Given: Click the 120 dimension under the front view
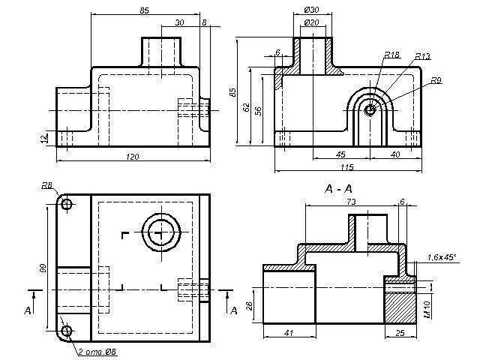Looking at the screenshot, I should coord(132,156).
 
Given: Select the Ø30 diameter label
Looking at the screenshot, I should coord(312,10).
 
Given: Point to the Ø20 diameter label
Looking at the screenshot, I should coord(312,23).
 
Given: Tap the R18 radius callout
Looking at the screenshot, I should coord(391,55).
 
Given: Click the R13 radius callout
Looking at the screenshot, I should coord(421,57).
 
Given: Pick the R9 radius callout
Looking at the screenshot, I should coord(436,80).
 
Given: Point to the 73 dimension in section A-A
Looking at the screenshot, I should coord(350,202).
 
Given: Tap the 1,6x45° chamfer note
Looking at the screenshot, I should coord(442,257).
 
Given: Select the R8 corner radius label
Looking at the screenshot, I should coord(46,185).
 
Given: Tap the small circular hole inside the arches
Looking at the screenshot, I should coord(370,110).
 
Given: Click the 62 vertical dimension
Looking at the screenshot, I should coord(245,106).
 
